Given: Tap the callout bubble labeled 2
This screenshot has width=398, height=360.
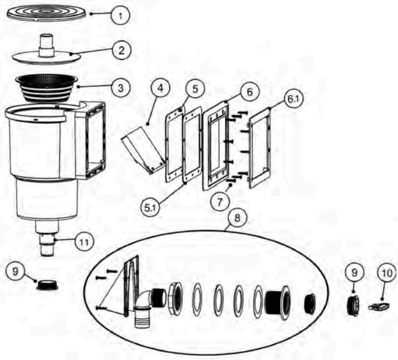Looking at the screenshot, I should pyautogui.click(x=120, y=50).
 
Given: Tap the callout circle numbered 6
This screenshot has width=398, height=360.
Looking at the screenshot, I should pyautogui.click(x=249, y=91).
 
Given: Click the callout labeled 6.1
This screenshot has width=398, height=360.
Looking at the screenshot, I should pyautogui.click(x=293, y=99).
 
